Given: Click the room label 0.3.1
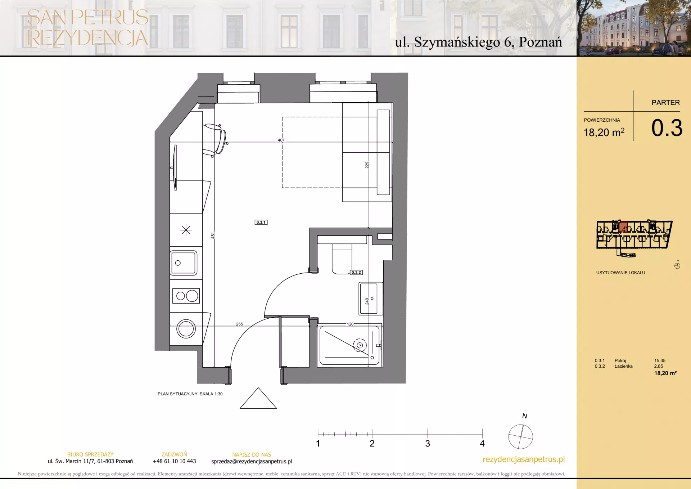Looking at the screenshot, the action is coord(261,222).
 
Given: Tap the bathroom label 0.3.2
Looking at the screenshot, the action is coord(356,272).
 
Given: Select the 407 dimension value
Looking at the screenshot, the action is coord(281,140).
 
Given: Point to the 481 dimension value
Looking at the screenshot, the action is coord(213,235).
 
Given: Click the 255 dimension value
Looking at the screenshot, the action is coord(239,324).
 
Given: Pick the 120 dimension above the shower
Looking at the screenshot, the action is coord(350,324).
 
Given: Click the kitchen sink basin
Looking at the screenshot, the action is coord(184,263).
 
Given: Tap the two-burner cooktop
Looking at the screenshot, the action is coord(186,296).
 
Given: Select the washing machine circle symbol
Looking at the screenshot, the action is coord(186,329).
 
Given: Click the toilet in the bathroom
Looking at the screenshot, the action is coord(342,258).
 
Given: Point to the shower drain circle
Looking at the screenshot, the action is coord(360,345).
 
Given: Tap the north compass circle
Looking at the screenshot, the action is coord(520,436).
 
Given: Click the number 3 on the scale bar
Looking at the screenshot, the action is coord(428,444).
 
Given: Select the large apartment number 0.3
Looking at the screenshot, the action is coord(667,128).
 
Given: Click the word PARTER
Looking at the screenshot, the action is coord(666,103).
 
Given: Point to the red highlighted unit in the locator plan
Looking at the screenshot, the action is coord(623,227).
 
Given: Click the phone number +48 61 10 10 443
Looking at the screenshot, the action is coord(175,461).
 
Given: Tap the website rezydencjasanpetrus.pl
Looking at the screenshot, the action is coord(524,459).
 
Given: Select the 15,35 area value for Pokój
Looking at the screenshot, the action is coord(660,360).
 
